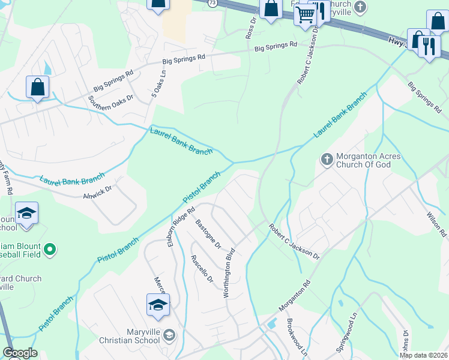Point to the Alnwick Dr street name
click(98, 193)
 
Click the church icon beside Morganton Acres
click(327, 159)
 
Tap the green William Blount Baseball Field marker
click(50, 248)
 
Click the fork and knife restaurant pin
click(428, 46)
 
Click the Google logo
click(20, 353)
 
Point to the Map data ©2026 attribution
click(423, 355)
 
